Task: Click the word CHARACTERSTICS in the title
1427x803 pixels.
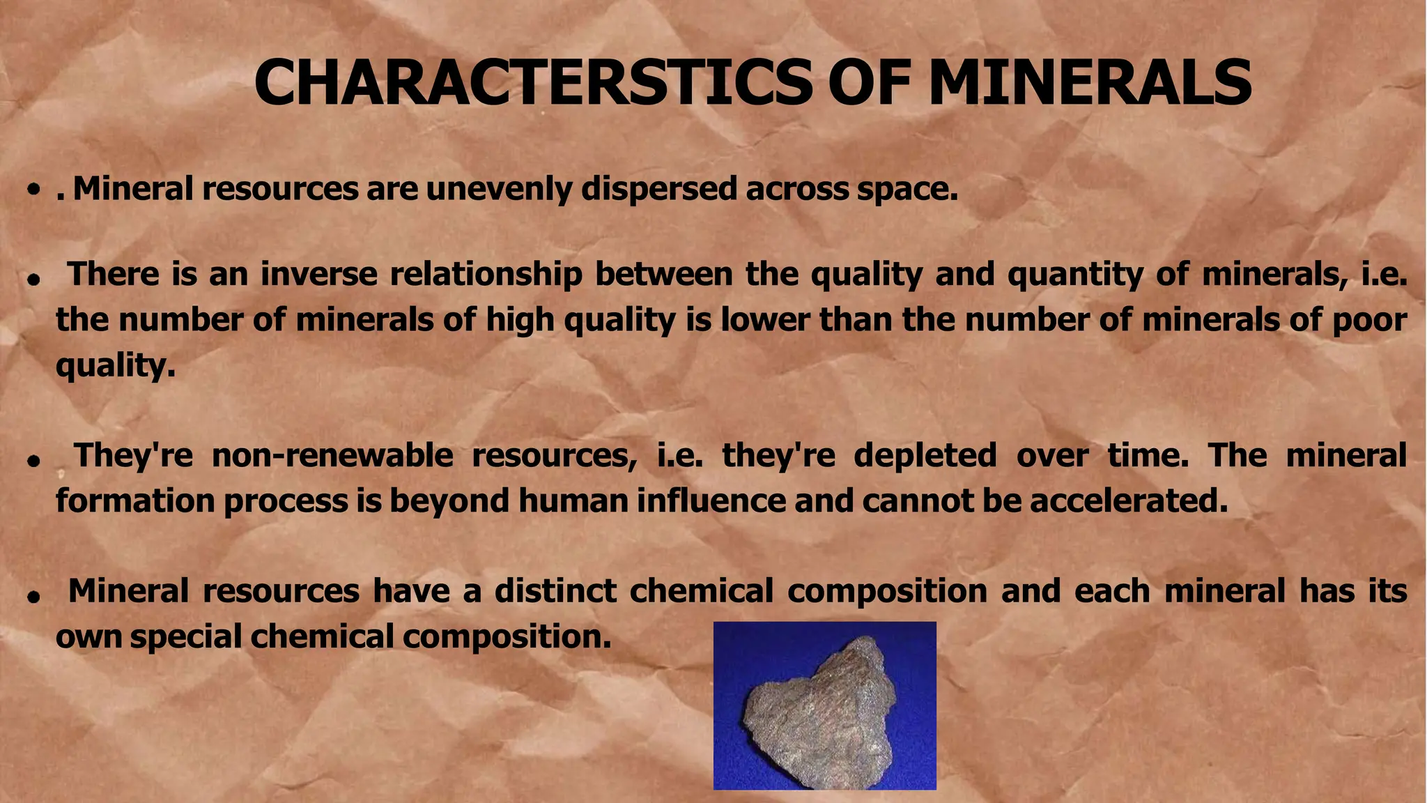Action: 532,82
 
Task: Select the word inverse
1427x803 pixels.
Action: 318,274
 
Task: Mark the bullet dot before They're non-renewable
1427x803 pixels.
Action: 32,461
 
